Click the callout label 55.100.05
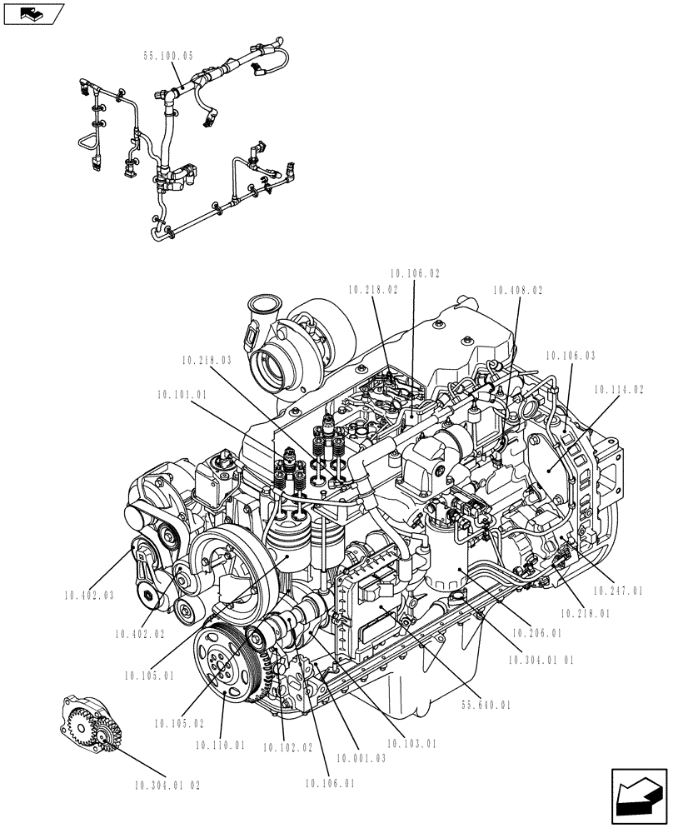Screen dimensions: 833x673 coord(168,57)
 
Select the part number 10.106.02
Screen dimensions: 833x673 coord(415,272)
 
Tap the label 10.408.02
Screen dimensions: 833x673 coord(517,291)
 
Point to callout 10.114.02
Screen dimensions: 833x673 coord(619,389)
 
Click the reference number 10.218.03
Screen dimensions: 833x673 coord(205,361)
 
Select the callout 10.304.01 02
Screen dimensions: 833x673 coord(167,785)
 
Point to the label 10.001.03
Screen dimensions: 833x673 coord(361,759)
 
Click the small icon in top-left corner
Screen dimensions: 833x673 coord(33,13)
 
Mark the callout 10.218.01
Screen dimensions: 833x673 coord(583,612)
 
